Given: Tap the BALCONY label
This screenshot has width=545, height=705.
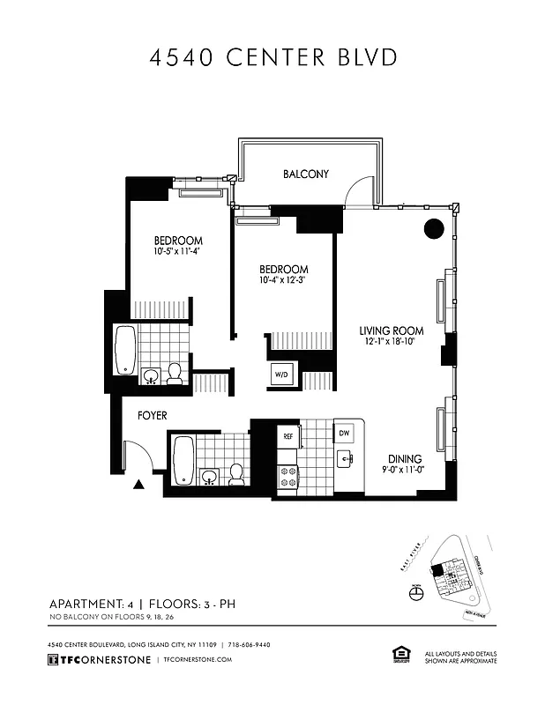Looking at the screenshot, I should (x=305, y=174).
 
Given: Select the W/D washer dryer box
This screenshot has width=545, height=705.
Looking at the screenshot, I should (x=282, y=375).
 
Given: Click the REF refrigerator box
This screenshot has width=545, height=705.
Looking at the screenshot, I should (x=287, y=435).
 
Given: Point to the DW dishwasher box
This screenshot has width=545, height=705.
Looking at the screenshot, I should (x=344, y=434).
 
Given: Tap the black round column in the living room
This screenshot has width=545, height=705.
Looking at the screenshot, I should (x=433, y=228).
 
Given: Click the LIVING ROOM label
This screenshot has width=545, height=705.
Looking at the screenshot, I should (x=386, y=331).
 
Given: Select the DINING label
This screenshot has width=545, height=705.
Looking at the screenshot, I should (x=403, y=459).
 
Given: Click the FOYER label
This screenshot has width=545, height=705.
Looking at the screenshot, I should (x=152, y=414).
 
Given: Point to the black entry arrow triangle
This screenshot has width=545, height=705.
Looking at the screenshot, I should (x=138, y=484).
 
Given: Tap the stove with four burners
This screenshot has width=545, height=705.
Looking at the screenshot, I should (x=288, y=476).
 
